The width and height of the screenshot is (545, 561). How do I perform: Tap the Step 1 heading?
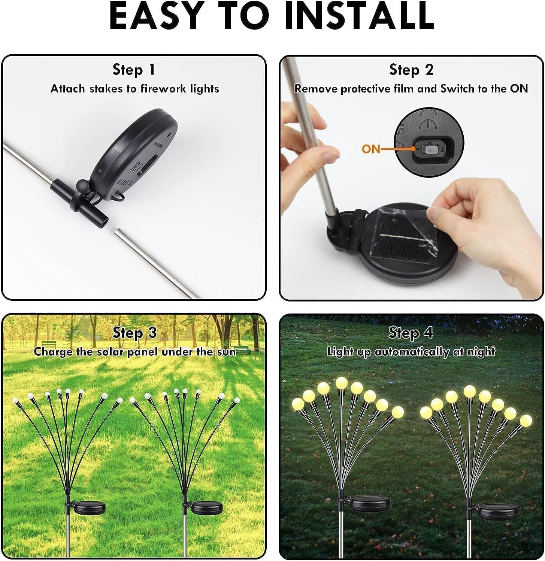tap(134, 70)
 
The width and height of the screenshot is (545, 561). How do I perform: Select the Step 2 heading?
tap(411, 70)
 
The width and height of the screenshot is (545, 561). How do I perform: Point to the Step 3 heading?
tap(134, 333)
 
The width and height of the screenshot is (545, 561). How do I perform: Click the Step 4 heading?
tap(411, 333)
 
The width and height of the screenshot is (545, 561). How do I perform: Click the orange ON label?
tap(371, 149)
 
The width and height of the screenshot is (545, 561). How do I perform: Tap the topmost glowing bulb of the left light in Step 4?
tap(341, 383)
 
